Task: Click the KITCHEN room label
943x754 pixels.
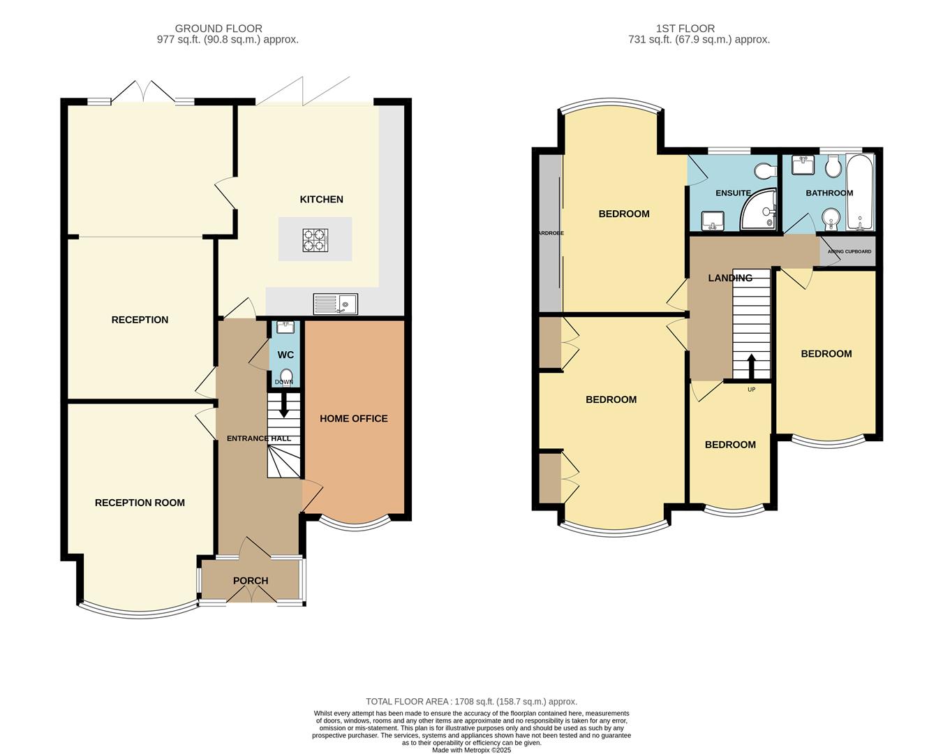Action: tap(321, 200)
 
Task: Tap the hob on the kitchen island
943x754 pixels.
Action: tap(315, 240)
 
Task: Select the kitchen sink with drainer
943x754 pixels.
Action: tap(335, 304)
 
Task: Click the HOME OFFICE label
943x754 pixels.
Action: tap(353, 419)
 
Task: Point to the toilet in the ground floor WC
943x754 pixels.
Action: tap(286, 375)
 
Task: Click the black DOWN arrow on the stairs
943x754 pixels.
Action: tap(283, 406)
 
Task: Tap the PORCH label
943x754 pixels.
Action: tap(250, 581)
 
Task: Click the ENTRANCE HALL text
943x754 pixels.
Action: tap(258, 438)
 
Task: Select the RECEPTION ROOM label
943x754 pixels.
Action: tap(140, 503)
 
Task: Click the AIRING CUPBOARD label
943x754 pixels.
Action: tap(849, 251)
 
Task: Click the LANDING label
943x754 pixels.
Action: tap(729, 278)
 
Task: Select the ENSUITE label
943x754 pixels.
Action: tap(733, 193)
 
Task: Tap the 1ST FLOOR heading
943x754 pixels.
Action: tap(685, 29)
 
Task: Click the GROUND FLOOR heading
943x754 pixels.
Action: tap(218, 29)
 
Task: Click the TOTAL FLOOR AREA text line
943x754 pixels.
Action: tap(471, 702)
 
